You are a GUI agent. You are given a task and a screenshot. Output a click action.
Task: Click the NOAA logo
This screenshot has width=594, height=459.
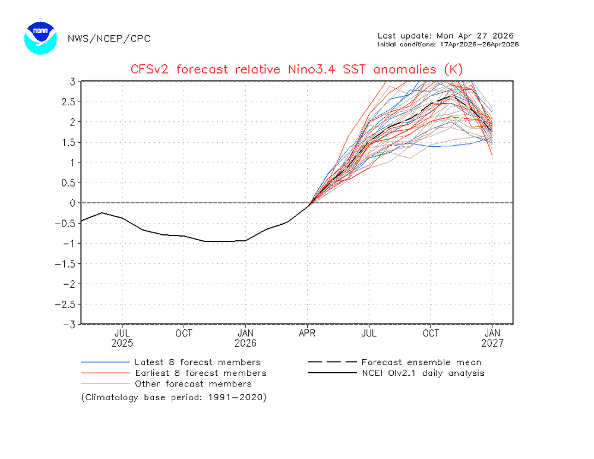tap(40, 39)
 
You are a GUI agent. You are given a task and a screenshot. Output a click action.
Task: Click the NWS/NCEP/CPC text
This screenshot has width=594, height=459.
tap(109, 39)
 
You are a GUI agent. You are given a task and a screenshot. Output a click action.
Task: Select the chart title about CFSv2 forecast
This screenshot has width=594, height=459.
tap(296, 70)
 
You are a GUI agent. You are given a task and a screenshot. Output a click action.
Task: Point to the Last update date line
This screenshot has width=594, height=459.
tap(445, 36)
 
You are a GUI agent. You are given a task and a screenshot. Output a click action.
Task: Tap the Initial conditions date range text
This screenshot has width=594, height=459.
tap(448, 45)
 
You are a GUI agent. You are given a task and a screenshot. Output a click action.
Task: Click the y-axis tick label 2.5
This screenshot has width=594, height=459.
tap(69, 102)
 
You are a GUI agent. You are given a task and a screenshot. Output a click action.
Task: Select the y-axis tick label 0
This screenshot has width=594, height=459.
tap(72, 203)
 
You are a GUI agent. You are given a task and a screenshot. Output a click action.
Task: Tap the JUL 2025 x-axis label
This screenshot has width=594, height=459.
tap(122, 338)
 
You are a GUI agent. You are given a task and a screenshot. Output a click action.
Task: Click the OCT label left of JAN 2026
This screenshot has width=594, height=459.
tap(184, 333)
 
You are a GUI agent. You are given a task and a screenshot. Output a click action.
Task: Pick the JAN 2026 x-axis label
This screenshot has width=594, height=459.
tap(245, 338)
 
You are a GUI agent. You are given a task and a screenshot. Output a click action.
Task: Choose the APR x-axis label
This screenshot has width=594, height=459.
tap(307, 333)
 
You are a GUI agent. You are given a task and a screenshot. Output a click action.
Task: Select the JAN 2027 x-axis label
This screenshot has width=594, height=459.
tap(492, 338)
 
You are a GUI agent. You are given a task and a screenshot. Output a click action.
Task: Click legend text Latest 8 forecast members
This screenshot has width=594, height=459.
tap(197, 362)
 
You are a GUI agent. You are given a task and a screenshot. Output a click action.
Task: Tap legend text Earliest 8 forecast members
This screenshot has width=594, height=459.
tap(200, 373)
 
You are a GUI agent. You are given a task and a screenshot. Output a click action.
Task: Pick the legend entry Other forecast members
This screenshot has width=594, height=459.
tap(193, 384)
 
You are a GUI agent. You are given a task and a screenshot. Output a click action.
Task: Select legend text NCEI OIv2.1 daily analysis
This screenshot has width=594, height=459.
tap(422, 373)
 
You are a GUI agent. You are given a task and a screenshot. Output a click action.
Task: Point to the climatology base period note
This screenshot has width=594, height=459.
tap(174, 397)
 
